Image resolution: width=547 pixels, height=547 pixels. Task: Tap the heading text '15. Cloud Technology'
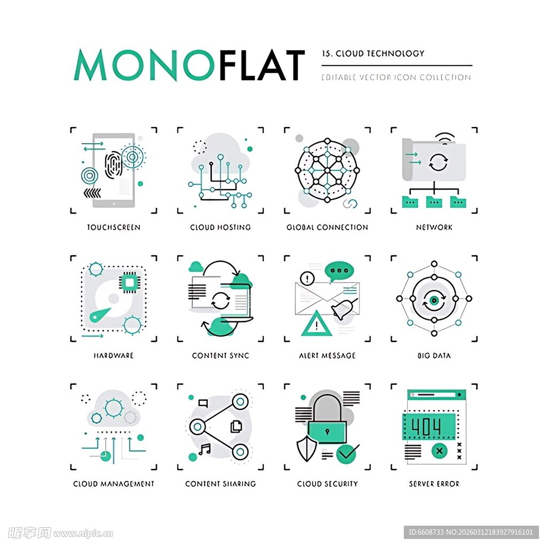(x=373, y=53)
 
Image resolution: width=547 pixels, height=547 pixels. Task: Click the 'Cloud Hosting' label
(x=220, y=228)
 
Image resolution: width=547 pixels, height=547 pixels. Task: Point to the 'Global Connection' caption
(x=327, y=228)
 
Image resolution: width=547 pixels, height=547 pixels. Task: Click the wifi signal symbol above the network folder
(x=444, y=137)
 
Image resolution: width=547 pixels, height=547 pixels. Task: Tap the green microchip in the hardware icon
(x=129, y=282)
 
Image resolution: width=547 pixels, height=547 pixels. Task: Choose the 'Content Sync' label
(x=220, y=356)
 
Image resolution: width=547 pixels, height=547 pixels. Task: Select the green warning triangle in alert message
(x=316, y=324)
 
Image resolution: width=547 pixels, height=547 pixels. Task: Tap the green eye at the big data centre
(x=434, y=300)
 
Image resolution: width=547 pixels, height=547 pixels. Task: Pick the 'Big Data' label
(x=434, y=356)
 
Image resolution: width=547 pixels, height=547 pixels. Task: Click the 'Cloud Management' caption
(x=113, y=484)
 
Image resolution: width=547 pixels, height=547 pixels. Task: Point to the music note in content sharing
(x=204, y=449)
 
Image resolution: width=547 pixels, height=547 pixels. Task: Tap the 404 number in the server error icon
(x=426, y=426)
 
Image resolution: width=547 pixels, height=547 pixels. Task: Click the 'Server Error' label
(x=434, y=484)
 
